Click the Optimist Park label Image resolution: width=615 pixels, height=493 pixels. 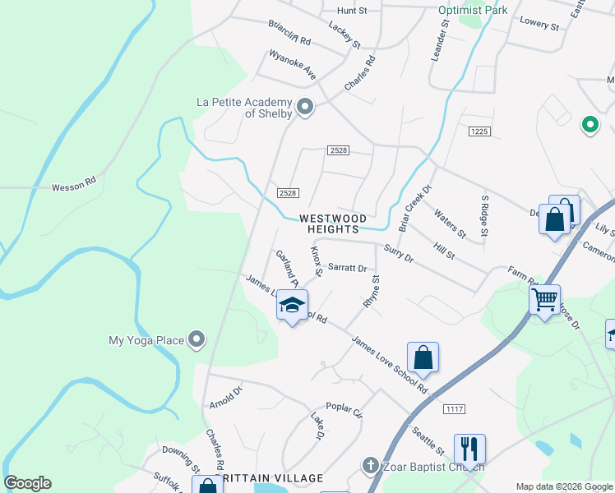click(473, 10)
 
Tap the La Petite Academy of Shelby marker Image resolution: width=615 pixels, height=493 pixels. click(305, 108)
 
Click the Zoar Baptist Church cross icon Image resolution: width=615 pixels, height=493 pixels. click(370, 466)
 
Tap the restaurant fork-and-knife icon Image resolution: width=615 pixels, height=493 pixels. click(469, 449)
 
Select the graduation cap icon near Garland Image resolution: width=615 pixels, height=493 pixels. click(291, 305)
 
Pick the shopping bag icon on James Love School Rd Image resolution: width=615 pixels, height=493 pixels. click(423, 357)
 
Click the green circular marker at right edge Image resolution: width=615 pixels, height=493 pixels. click(590, 125)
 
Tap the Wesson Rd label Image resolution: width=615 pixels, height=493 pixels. click(74, 187)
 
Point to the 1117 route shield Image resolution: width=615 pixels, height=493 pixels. click(453, 408)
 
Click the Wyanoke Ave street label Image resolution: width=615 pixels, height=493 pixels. click(293, 65)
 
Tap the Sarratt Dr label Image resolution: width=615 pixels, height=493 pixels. click(347, 268)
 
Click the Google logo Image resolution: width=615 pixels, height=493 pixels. click(28, 483)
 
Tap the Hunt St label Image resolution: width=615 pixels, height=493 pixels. click(351, 11)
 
